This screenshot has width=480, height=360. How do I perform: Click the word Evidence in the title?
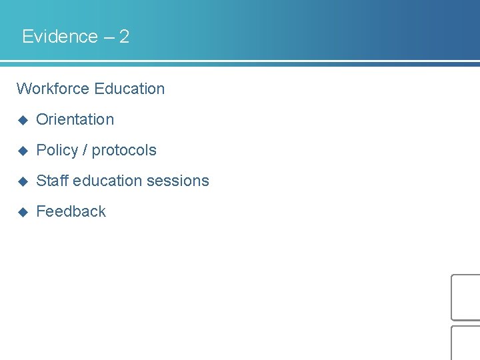point(60,37)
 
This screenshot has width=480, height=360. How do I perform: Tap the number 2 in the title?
point(124,37)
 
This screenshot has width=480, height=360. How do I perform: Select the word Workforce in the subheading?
point(53,89)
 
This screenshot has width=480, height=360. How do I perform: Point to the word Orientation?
point(75,120)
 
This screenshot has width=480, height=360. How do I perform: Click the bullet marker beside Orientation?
point(22,120)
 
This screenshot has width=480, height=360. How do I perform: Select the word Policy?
point(57,151)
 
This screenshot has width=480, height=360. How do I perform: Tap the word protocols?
point(124,151)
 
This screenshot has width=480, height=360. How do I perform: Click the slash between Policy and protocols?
point(85,151)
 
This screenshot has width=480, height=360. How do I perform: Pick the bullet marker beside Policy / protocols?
point(22,151)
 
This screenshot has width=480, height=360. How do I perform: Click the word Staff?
point(52,181)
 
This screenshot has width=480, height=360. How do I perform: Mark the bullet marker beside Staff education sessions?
point(22,181)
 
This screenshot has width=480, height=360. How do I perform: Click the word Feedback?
point(71,211)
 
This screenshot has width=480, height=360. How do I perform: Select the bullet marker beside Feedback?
point(22,212)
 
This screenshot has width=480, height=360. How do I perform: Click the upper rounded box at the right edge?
point(466,297)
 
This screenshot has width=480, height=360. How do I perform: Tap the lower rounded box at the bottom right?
point(466,343)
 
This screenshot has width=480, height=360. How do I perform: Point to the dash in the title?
point(108,37)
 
